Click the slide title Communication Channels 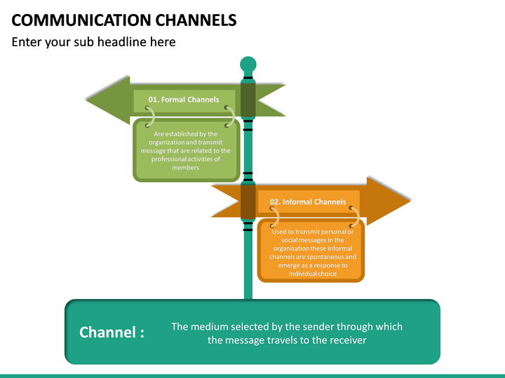pos(124,19)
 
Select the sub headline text pos(93,42)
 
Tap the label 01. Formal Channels pos(184,99)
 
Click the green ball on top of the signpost pos(248,65)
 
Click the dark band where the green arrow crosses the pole pos(248,99)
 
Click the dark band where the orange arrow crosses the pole pos(248,202)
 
